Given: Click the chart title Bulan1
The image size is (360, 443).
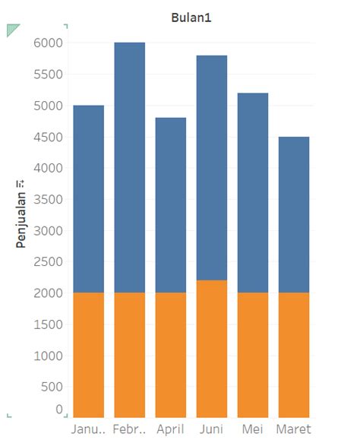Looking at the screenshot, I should point(191,17).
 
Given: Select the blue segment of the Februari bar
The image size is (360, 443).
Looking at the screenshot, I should point(129,167).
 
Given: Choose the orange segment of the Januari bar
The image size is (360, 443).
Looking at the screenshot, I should point(88,354).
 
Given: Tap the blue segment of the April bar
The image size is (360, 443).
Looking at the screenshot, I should point(170,205).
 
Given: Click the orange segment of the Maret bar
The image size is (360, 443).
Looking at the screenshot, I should point(293,354).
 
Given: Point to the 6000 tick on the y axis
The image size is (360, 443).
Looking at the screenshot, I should point(47,43).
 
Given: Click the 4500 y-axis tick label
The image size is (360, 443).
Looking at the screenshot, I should point(47,138).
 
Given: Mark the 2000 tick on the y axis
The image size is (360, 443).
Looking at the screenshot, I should point(47,293).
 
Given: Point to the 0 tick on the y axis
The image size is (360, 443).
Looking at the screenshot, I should point(57,410).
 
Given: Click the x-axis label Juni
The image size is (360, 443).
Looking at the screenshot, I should point(211,429).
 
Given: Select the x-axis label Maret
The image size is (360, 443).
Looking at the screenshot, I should point(293,429).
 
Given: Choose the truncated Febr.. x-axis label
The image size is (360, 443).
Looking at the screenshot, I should point(129,429).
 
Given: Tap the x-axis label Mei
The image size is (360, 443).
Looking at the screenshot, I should point(252,429).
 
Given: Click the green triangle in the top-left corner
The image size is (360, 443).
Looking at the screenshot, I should point(11,29).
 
